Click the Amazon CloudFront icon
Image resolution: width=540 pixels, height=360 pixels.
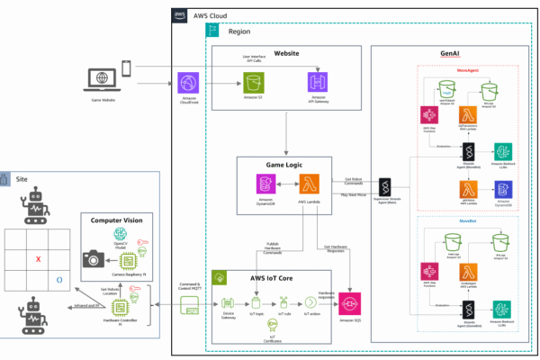pyautogui.click(x=188, y=82)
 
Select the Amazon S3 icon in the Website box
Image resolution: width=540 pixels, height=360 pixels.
pyautogui.click(x=253, y=83)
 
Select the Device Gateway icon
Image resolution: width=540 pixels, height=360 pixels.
pyautogui.click(x=228, y=301)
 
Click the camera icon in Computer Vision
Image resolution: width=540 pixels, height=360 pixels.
pyautogui.click(x=93, y=258)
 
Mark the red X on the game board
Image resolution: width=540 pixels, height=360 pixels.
pyautogui.click(x=38, y=259)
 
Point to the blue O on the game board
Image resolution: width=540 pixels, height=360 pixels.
pyautogui.click(x=59, y=280)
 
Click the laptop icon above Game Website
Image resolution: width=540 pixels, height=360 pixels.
pyautogui.click(x=101, y=79)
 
